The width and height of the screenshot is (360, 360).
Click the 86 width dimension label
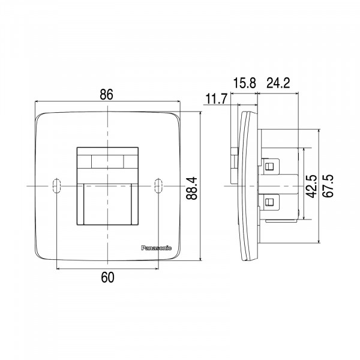[107, 94]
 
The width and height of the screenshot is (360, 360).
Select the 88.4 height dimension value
[191, 188]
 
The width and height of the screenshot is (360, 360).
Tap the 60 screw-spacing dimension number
[107, 277]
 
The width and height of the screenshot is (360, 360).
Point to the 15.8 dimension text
[244, 83]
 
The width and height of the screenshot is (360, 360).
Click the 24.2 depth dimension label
[278, 83]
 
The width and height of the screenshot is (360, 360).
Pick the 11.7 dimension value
[216, 99]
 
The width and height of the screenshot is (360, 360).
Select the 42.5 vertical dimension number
[312, 186]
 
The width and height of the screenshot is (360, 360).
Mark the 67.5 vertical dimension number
[328, 186]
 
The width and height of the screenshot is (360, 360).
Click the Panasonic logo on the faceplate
[156, 248]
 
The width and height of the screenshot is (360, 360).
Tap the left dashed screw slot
[56, 185]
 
